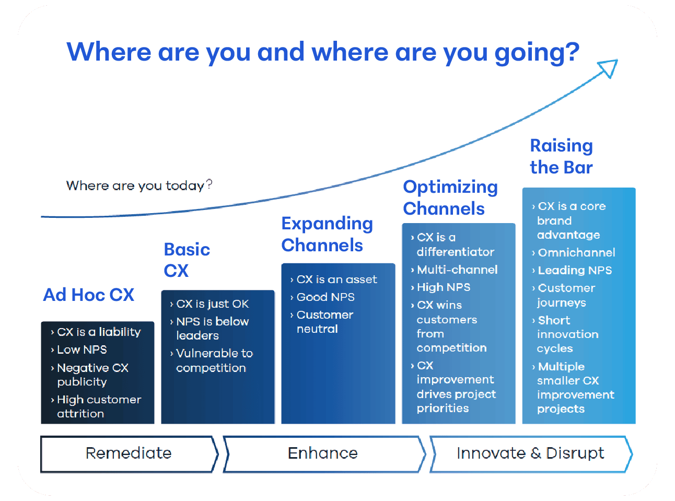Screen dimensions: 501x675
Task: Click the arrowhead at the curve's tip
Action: [609, 68]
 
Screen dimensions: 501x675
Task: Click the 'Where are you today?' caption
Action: [139, 185]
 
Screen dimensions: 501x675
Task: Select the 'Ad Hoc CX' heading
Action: [89, 295]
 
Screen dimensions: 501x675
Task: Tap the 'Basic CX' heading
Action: [187, 260]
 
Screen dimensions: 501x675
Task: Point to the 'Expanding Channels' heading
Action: [327, 234]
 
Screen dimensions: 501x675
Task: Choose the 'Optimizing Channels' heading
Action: [450, 197]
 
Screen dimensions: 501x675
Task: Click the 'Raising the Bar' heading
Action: [561, 156]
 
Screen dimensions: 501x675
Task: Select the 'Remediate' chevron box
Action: [129, 453]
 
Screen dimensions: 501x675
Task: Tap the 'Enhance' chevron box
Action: [323, 453]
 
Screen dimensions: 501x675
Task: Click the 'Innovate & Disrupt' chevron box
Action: [530, 453]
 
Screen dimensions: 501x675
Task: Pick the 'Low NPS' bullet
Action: [82, 349]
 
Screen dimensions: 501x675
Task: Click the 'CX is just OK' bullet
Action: [212, 304]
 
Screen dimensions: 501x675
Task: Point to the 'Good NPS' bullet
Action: [325, 297]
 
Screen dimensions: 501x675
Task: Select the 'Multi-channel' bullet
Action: [457, 270]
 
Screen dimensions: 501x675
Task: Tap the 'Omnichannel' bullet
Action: [576, 253]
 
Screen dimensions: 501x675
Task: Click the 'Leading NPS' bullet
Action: [575, 271]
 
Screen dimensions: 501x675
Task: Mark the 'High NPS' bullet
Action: [444, 287]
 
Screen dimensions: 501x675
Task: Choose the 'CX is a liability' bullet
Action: [99, 332]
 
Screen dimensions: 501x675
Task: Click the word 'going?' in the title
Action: [537, 52]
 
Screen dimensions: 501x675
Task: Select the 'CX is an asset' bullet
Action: [336, 279]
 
